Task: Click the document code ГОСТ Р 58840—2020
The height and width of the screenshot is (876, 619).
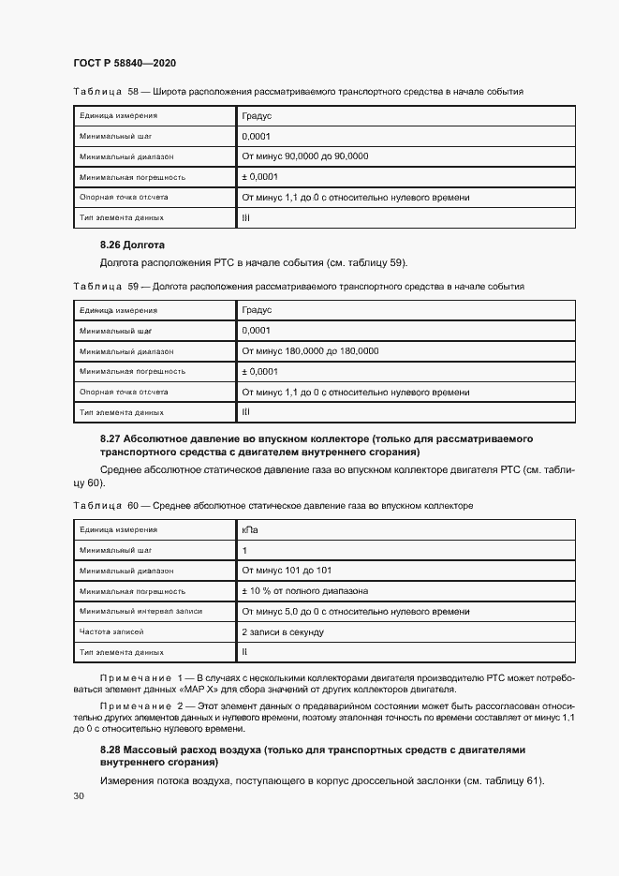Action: click(125, 63)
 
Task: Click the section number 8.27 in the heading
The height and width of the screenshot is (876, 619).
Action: click(111, 438)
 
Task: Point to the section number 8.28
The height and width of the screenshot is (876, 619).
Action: click(111, 750)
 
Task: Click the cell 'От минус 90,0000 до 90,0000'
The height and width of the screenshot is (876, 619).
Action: click(304, 156)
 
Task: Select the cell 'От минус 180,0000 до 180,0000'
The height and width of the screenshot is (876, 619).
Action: click(309, 350)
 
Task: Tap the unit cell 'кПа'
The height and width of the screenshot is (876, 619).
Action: click(250, 530)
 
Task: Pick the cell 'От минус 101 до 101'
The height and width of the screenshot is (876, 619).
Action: click(286, 571)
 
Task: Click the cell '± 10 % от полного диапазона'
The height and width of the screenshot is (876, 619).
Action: click(304, 591)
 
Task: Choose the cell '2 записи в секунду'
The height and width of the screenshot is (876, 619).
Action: click(283, 632)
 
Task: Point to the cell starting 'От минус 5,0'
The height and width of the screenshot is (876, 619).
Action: click(355, 612)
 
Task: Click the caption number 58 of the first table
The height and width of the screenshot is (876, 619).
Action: click(132, 93)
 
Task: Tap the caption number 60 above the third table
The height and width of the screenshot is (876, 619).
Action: click(132, 506)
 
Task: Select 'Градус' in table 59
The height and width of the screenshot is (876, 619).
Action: click(256, 309)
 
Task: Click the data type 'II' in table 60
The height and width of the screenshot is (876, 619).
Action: click(244, 652)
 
